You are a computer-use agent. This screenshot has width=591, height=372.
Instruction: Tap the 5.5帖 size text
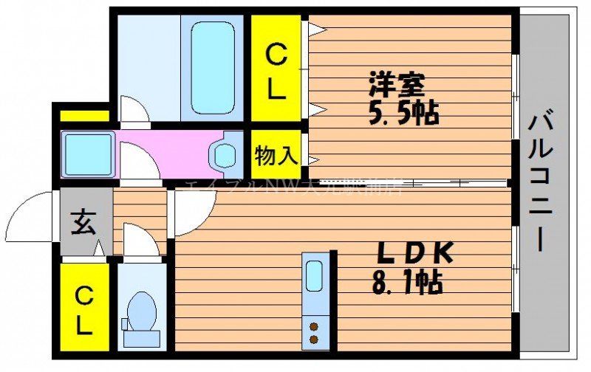click(x=404, y=113)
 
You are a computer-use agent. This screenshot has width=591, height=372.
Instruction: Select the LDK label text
click(x=414, y=253)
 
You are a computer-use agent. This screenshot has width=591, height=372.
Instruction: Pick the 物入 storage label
click(x=276, y=156)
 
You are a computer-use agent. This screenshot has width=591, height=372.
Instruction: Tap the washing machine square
click(x=88, y=153)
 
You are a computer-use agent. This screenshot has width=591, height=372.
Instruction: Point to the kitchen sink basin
click(x=314, y=276)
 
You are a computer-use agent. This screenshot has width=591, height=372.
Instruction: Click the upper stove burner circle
click(x=315, y=325)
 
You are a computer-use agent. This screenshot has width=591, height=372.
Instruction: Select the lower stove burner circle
click(x=315, y=340)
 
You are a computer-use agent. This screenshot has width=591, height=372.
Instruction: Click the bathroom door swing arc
click(x=135, y=111)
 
